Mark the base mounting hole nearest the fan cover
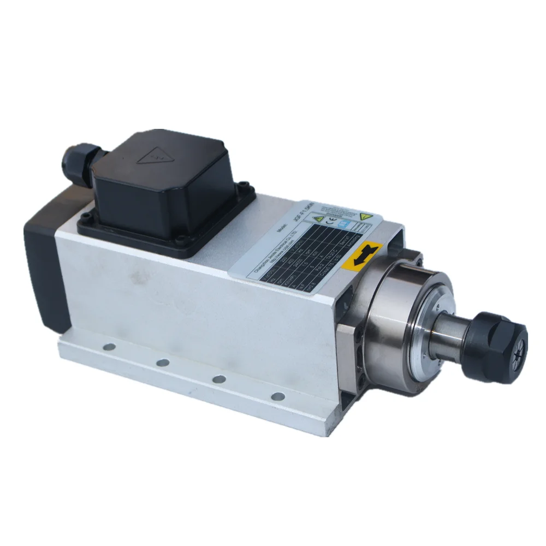click(108, 346)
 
